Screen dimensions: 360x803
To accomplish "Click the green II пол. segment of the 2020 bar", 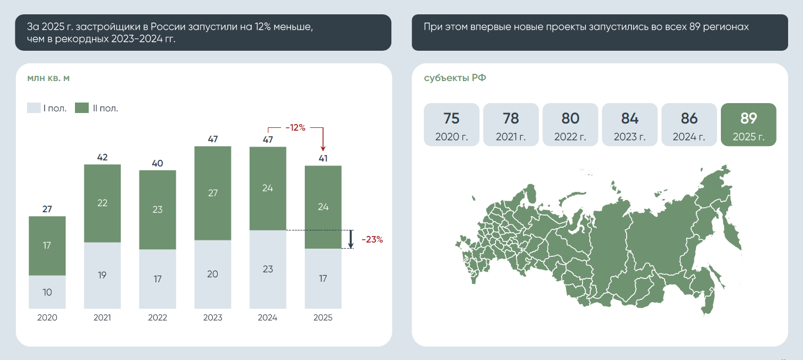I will click(x=47, y=245).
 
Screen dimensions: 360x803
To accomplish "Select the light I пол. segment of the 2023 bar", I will click(x=213, y=274).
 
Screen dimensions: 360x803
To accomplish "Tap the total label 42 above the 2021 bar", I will click(x=102, y=157).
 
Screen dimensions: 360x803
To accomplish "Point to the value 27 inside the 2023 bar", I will click(x=213, y=193).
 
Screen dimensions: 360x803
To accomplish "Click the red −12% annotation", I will click(x=295, y=127).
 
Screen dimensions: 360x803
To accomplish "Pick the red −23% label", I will click(x=372, y=239).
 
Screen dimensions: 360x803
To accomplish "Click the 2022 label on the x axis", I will click(x=158, y=318).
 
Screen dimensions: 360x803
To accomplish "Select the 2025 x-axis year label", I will click(x=323, y=318).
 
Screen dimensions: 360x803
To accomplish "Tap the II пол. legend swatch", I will click(x=82, y=108).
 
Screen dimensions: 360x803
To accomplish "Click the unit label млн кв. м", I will click(x=48, y=78).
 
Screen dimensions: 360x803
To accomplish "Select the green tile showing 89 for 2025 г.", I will click(x=748, y=125).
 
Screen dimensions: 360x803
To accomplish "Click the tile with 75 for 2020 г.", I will click(x=451, y=125).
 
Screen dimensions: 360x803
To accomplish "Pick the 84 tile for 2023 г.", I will click(x=629, y=125).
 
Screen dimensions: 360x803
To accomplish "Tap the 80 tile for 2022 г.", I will click(x=570, y=125).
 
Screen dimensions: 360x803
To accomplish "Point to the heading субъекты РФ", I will click(x=455, y=78).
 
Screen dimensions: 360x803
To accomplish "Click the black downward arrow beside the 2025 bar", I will click(x=351, y=239).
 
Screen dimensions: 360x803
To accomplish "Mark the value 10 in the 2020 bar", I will click(x=47, y=292).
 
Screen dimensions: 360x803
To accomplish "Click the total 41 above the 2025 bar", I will click(x=323, y=159).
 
